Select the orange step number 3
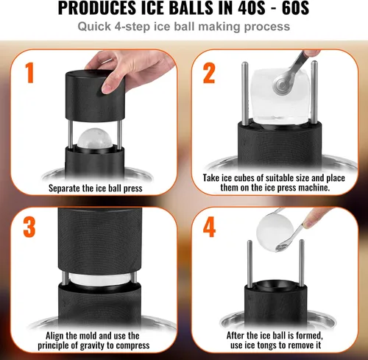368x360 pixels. click(29, 226)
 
